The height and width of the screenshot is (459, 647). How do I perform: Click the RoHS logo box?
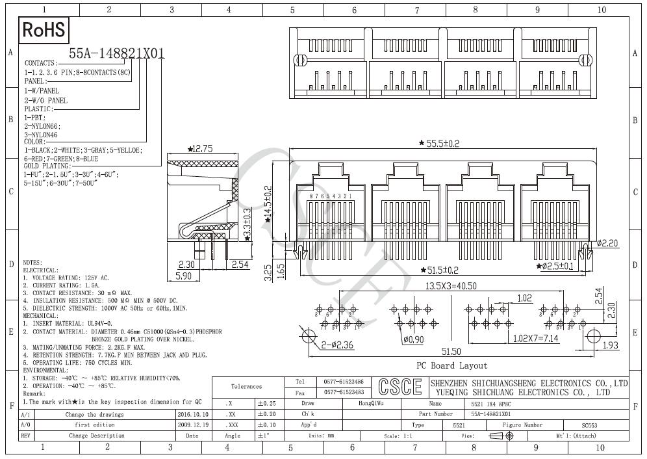[44, 29]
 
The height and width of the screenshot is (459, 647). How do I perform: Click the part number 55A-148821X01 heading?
[117, 54]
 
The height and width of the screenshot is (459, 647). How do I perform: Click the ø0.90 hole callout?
[413, 339]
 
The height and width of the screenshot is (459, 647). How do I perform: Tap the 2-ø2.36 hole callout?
[337, 345]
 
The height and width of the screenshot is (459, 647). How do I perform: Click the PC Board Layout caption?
[451, 366]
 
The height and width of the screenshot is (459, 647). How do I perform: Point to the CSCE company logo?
[400, 387]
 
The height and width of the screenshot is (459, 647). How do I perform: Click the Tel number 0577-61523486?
[343, 382]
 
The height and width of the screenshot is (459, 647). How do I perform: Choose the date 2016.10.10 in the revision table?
[192, 414]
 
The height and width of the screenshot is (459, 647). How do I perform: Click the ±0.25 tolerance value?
[266, 404]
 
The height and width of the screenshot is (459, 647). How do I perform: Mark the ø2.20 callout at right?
[608, 243]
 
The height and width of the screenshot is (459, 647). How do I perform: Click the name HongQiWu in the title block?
[371, 404]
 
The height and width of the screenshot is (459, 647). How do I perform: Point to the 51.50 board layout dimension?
[451, 352]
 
